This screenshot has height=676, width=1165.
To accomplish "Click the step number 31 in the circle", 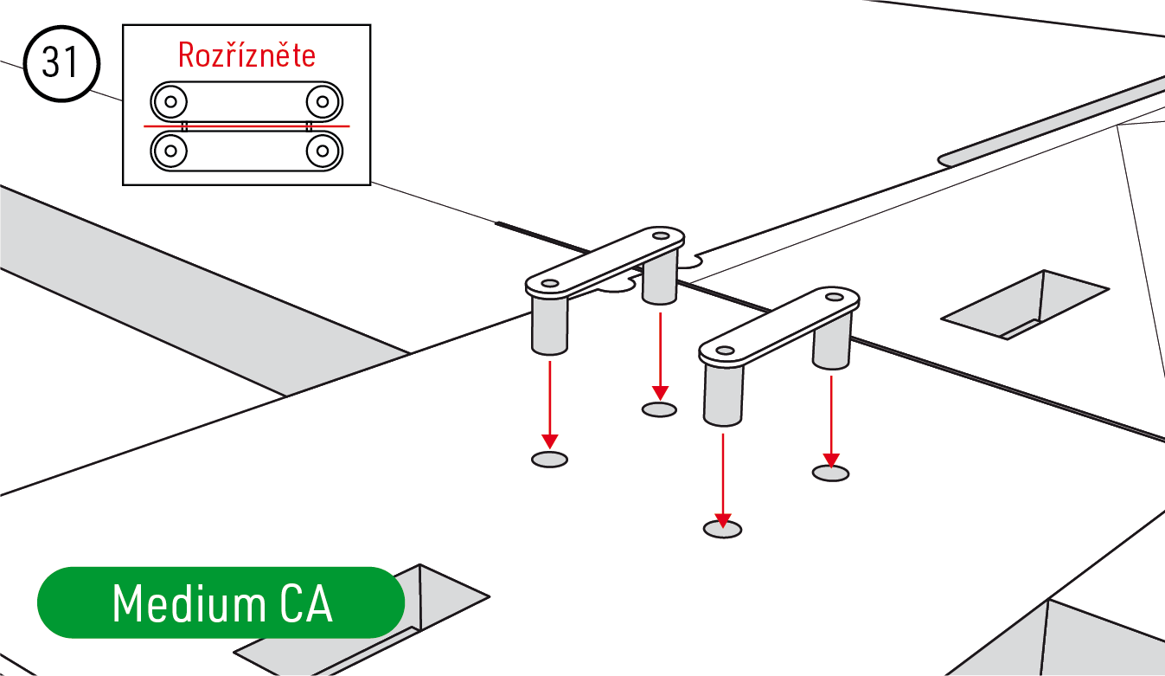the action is point(61,63).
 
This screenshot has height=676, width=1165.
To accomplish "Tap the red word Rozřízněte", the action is point(246,55).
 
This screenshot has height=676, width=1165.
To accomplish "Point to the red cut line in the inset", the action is point(246,126).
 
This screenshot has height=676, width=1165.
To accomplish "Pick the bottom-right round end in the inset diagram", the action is point(323,151).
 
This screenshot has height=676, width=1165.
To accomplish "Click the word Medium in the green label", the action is point(189,603).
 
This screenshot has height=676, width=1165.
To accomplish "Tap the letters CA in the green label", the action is point(306,603).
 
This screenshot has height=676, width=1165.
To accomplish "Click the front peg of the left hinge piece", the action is point(550,325).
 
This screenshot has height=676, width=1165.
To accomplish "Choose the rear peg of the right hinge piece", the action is point(831,343).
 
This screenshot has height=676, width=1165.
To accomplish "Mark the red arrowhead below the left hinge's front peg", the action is point(550,441).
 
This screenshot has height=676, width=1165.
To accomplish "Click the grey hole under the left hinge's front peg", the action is point(550,460).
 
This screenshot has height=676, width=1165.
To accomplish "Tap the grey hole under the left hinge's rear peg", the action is point(659,409).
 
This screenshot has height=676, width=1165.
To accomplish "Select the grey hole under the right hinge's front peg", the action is point(723,529).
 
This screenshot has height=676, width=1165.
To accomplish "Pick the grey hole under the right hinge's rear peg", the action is point(830,473).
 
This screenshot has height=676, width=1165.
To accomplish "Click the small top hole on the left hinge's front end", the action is point(550,284).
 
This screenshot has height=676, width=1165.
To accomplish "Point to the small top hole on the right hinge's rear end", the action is point(835,297).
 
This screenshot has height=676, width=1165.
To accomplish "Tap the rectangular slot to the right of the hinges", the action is point(1025,305).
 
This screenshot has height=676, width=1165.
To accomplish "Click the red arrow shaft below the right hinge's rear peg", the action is point(831,415).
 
